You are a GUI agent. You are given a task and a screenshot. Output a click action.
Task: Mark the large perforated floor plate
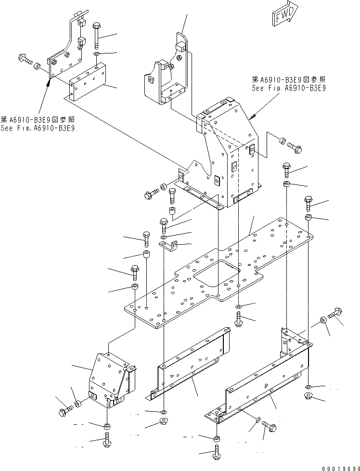pos(217,275)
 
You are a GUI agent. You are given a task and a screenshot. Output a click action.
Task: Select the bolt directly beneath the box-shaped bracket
pos(106,440)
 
